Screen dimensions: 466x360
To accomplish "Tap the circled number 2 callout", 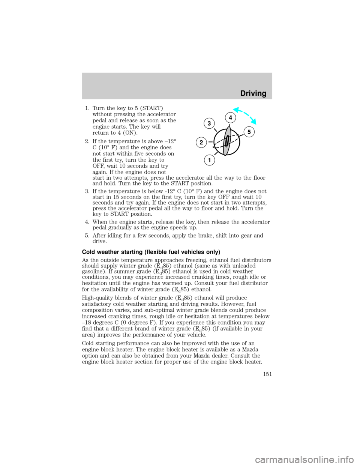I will (201, 142).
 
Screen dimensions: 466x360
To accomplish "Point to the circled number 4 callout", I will (231, 118).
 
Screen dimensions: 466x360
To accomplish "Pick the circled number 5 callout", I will (249, 132).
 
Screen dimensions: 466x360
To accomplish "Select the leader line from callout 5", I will (241, 135).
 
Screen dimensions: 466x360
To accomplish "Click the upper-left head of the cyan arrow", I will (234, 109).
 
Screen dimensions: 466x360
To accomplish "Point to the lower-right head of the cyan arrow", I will (255, 122).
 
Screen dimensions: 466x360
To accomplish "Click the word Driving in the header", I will (253, 93).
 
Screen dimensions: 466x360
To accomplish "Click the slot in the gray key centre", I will (227, 141).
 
